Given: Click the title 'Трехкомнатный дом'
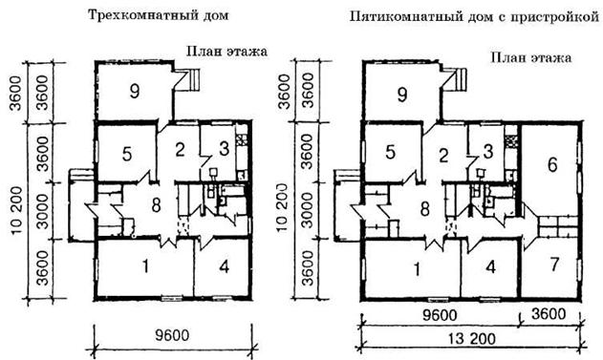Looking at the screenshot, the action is [x=158, y=15].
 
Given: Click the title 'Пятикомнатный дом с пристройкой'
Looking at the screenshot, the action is [x=475, y=17].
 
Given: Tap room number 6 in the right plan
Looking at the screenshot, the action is [x=551, y=165].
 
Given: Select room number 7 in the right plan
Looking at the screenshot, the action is [x=553, y=265].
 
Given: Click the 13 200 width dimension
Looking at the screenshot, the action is [x=471, y=339].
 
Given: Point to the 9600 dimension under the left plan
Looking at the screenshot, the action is [x=172, y=335].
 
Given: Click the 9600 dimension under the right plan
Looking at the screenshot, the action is [x=440, y=315].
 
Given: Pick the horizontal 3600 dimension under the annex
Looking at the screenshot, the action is [x=549, y=314].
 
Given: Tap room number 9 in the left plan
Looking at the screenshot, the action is [x=135, y=91].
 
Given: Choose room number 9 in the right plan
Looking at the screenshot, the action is [x=402, y=95].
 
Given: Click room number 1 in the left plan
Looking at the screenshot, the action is [x=145, y=266].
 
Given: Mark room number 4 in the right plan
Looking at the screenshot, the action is [x=490, y=267].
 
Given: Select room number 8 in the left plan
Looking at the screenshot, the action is [x=156, y=205].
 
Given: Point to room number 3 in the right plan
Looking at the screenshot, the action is [x=488, y=152].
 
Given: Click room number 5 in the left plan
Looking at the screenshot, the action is [x=127, y=154].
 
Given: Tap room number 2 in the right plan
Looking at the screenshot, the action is [x=443, y=156].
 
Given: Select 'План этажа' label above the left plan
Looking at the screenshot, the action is [x=226, y=52].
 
